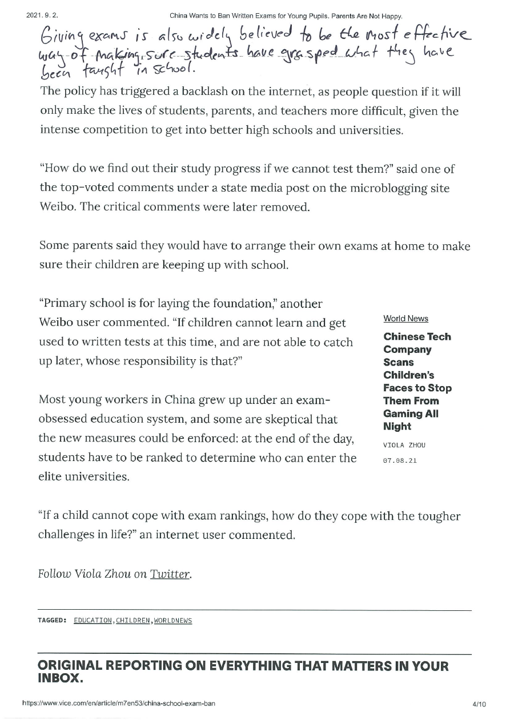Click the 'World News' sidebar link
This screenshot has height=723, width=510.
pyautogui.click(x=405, y=319)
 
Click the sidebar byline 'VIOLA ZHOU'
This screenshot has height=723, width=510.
pyautogui.click(x=404, y=445)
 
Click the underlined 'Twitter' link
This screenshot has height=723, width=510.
pyautogui.click(x=170, y=574)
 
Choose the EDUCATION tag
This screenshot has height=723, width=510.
pyautogui.click(x=93, y=621)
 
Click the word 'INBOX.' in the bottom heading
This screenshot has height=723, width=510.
pyautogui.click(x=60, y=678)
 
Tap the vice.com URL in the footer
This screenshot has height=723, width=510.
pyautogui.click(x=118, y=704)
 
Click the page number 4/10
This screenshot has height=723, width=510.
pyautogui.click(x=479, y=704)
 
